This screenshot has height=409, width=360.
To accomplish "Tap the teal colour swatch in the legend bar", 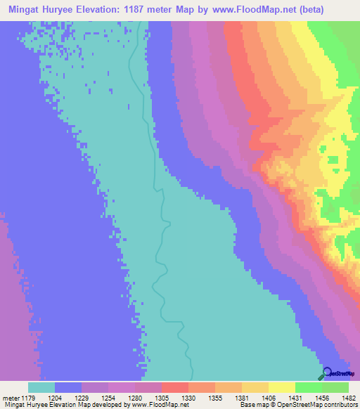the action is click(x=41, y=387).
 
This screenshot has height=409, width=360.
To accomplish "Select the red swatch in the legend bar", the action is click(x=174, y=387).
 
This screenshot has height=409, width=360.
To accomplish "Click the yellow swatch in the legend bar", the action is click(x=281, y=387).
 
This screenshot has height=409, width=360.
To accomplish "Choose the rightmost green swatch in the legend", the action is click(x=335, y=387).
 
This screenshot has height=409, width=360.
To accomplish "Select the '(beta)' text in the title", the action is click(x=338, y=8).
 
